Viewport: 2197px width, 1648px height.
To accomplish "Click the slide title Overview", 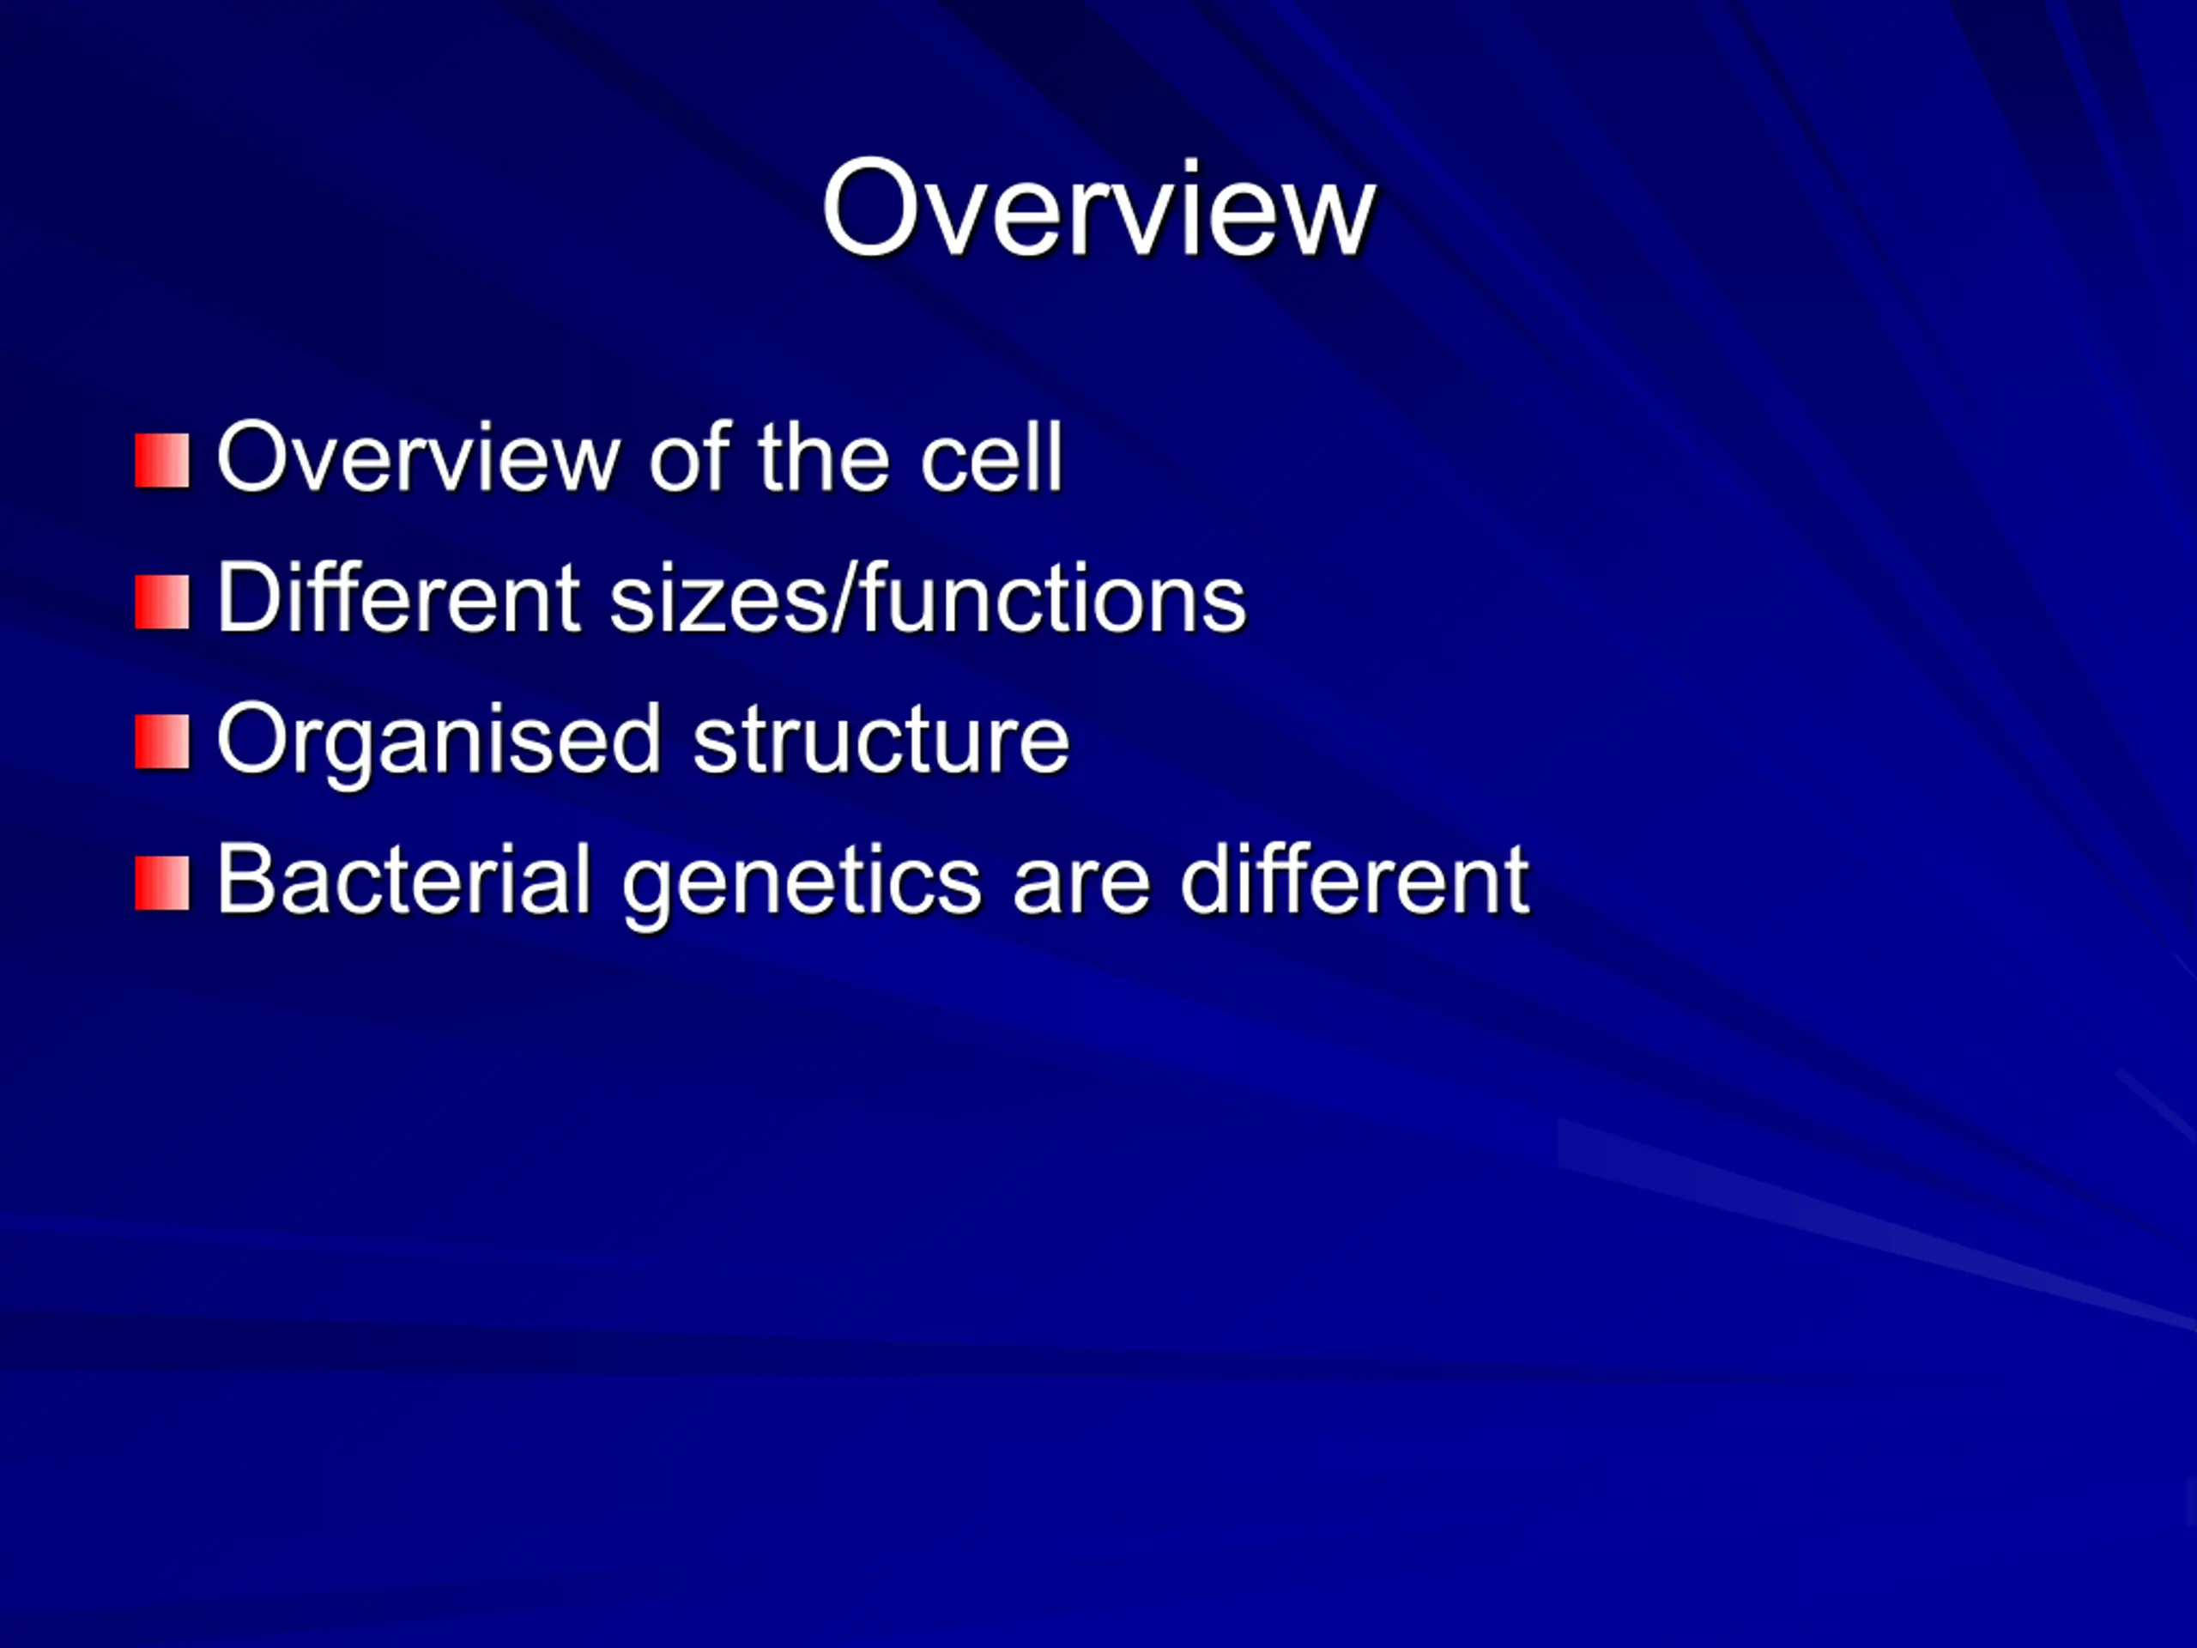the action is click(x=1098, y=209).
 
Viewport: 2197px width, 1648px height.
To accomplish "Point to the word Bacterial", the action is click(x=404, y=878).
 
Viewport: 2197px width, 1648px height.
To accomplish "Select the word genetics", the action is click(x=802, y=884).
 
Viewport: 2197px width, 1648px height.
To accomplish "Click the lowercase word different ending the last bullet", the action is click(x=1355, y=878).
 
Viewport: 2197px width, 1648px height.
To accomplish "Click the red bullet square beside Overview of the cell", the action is click(x=162, y=461).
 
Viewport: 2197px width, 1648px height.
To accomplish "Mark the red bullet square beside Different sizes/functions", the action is click(x=162, y=602).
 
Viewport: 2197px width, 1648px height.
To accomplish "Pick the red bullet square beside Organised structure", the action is click(x=162, y=742).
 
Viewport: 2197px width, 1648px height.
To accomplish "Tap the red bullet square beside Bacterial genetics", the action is click(x=162, y=883).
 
